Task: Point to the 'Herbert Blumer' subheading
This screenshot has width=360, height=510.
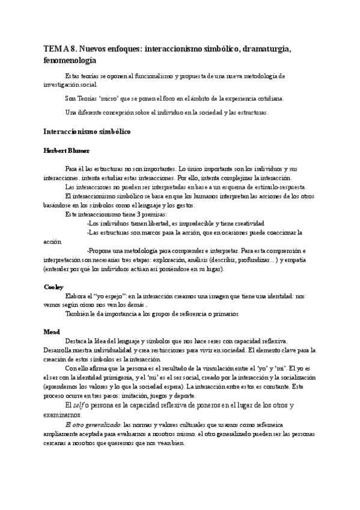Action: click(67, 150)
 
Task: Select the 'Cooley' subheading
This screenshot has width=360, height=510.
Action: click(53, 287)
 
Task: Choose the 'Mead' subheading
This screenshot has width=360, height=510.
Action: click(52, 332)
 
